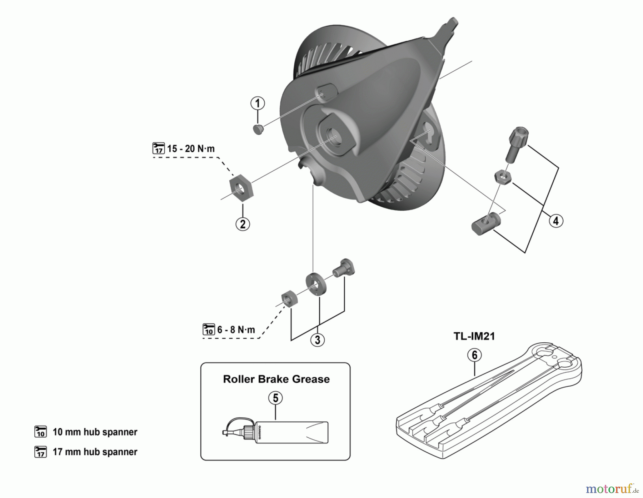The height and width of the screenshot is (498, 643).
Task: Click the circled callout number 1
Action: pos(258,104)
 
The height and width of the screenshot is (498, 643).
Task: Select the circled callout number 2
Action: pos(243,224)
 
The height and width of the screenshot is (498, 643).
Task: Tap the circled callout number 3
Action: pos(318,339)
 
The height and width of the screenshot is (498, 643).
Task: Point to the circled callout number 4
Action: pos(555,221)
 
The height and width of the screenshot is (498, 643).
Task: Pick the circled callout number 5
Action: pos(275,398)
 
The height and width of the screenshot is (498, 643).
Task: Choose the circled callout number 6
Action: pos(474,355)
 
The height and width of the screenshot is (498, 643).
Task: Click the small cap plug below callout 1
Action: pos(258,129)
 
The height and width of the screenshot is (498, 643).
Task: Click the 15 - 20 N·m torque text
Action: pos(191,149)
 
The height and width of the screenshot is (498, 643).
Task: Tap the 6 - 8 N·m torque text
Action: pos(236,330)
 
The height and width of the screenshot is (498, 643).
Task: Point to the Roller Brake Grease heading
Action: pos(276,379)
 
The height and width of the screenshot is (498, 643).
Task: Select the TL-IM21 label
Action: pos(474,336)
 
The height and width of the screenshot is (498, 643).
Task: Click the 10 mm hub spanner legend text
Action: pos(95,432)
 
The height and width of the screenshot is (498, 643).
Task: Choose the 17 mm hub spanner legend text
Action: pos(95,452)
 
